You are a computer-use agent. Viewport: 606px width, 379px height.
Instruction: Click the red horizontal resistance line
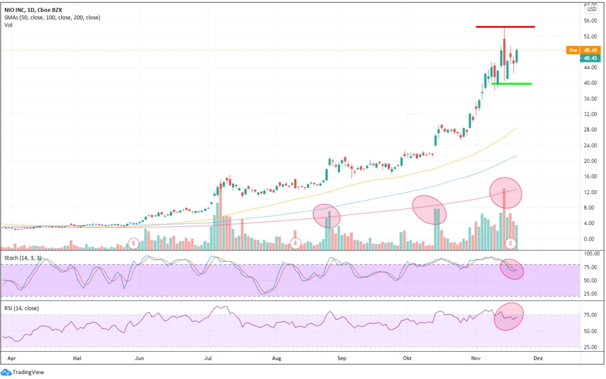(505, 27)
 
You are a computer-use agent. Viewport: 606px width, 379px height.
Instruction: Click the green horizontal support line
(512, 84)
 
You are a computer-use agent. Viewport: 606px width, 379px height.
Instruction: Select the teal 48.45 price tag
(590, 58)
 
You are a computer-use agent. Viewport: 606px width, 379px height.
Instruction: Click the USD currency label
(591, 9)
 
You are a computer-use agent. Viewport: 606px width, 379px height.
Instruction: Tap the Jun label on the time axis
(139, 358)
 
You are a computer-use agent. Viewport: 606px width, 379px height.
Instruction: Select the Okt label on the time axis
(407, 358)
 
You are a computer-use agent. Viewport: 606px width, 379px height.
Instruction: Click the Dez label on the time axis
(538, 358)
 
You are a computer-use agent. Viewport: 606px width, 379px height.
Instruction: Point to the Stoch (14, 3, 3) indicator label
(23, 258)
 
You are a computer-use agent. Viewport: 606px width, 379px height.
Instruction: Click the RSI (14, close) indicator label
(21, 308)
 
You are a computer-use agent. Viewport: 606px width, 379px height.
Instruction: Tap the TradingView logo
(24, 372)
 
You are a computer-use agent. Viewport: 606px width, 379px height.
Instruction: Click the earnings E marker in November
(511, 243)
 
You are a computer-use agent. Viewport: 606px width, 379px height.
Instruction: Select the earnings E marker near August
(296, 243)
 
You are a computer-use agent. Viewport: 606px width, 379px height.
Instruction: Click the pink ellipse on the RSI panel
(508, 317)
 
